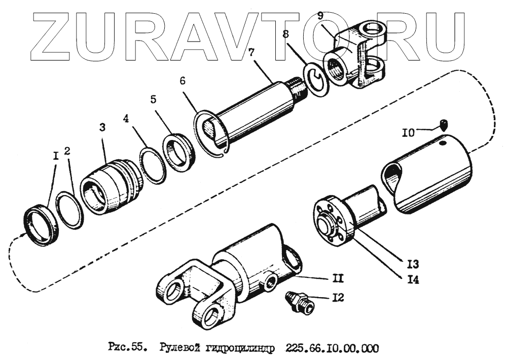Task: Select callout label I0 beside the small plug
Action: click(410, 133)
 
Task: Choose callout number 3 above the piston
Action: click(102, 128)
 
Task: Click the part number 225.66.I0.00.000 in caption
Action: click(332, 348)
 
